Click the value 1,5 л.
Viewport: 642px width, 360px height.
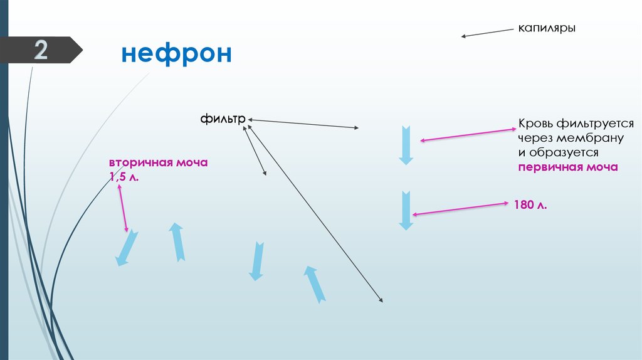124,178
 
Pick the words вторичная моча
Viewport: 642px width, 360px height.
159,162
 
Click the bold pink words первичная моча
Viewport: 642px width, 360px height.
568,167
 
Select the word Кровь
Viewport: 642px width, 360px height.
534,124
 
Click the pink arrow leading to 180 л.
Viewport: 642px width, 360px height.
460,209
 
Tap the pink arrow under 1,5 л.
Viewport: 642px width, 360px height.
122,208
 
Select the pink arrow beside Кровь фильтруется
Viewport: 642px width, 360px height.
468,135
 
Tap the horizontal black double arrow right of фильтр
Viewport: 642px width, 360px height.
304,124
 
